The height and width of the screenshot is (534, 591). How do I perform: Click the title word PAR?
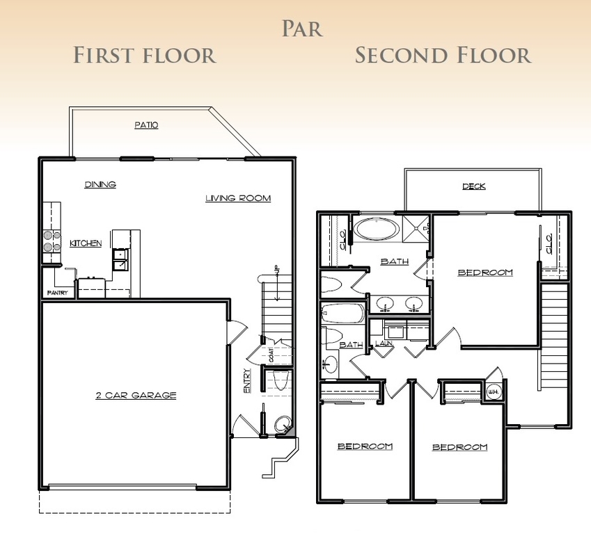pyautogui.click(x=302, y=29)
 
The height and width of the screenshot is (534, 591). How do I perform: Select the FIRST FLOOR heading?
pyautogui.click(x=145, y=55)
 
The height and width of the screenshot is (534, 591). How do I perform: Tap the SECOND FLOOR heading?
pyautogui.click(x=443, y=55)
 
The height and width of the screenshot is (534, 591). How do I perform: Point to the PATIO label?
pyautogui.click(x=146, y=125)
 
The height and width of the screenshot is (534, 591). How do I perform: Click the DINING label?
pyautogui.click(x=100, y=185)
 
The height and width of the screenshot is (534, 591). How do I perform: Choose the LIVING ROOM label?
pyautogui.click(x=237, y=198)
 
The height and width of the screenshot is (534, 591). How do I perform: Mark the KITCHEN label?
pyautogui.click(x=86, y=243)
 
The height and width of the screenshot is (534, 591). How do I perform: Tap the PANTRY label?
pyautogui.click(x=56, y=293)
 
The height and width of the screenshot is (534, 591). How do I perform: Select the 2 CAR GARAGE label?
pyautogui.click(x=136, y=396)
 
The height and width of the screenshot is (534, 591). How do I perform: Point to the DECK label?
pyautogui.click(x=473, y=186)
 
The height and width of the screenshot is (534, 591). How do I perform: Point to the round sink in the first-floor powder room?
pyautogui.click(x=282, y=424)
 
